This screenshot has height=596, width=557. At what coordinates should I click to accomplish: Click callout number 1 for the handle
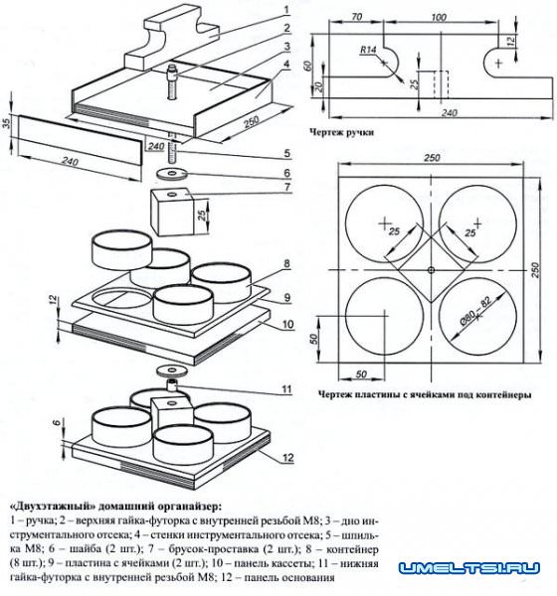tap(286, 10)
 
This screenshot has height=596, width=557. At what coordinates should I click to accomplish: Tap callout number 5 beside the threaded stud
tap(286, 154)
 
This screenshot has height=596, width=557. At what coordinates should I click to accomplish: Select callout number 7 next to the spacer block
tap(287, 187)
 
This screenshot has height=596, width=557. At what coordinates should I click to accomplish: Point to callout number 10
tap(287, 324)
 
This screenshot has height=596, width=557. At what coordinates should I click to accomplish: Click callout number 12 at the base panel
tap(287, 457)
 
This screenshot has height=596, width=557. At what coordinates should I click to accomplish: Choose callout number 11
tap(286, 389)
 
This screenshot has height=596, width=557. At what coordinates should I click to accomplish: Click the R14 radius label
tap(368, 50)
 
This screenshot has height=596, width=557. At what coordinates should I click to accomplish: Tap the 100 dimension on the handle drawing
tap(439, 17)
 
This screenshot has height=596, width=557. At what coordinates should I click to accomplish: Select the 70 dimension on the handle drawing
tap(356, 17)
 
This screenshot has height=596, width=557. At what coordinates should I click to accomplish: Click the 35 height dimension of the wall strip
tap(8, 123)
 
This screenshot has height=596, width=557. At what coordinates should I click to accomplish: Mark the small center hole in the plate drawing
tap(431, 270)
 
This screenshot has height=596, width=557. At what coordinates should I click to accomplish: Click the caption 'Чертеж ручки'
tap(341, 132)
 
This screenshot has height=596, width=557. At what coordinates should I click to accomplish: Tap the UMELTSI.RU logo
tap(469, 568)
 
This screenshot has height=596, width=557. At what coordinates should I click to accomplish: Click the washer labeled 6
tap(171, 174)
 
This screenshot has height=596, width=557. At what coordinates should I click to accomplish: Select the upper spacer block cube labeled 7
tap(173, 213)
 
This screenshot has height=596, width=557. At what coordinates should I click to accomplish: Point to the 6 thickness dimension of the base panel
tap(58, 422)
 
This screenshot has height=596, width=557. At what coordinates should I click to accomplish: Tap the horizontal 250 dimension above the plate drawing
tap(432, 157)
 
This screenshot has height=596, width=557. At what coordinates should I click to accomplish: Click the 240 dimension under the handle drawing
tap(449, 113)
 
